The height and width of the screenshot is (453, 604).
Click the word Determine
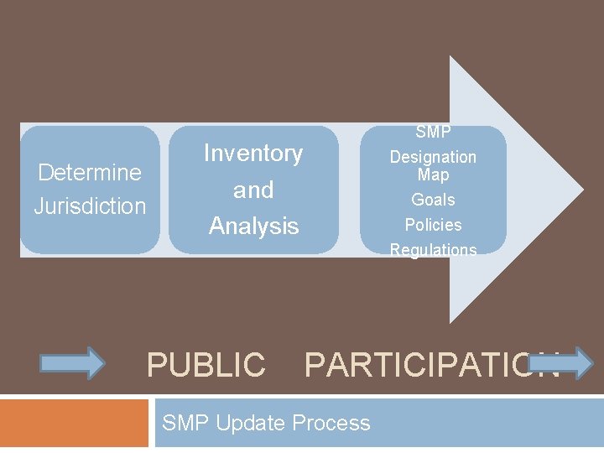point(90,173)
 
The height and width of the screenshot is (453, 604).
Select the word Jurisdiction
point(90,206)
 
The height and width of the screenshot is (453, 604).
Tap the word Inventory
point(253,154)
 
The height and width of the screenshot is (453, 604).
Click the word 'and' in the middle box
point(253,190)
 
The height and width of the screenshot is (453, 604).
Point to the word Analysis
point(253,226)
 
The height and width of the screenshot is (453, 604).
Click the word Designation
point(433,157)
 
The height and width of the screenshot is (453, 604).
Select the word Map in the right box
point(433,175)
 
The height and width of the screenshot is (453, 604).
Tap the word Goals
point(433,200)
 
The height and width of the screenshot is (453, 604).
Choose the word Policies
point(433,225)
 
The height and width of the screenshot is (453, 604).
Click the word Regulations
point(433,250)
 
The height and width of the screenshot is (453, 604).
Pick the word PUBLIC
point(206,365)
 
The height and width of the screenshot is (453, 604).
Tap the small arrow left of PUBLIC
point(73,363)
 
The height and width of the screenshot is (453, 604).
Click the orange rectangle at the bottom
point(74,423)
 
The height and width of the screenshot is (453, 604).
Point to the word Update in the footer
point(252,423)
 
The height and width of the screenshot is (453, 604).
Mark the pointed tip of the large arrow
point(582,190)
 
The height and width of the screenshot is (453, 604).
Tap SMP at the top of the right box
point(433,133)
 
